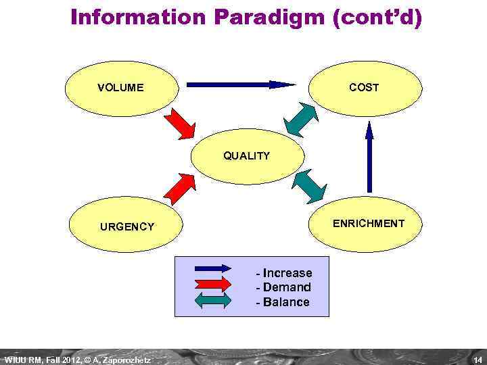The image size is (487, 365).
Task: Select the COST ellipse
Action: click(x=364, y=87)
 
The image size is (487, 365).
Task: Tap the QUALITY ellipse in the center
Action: click(x=247, y=156)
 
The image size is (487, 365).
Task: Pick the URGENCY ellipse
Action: click(x=127, y=226)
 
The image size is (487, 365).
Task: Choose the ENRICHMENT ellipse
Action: click(x=369, y=223)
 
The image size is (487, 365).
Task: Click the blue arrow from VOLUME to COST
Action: click(x=241, y=85)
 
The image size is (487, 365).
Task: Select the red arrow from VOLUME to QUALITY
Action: click(x=179, y=124)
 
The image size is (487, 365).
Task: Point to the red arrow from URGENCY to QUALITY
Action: click(x=180, y=188)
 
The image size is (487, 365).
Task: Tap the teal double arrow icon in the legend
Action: click(x=212, y=302)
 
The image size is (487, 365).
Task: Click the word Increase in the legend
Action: click(x=287, y=273)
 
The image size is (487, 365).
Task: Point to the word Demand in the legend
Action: click(x=287, y=287)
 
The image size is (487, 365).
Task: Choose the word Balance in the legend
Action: click(x=286, y=302)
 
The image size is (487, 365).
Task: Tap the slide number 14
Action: click(x=478, y=359)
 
